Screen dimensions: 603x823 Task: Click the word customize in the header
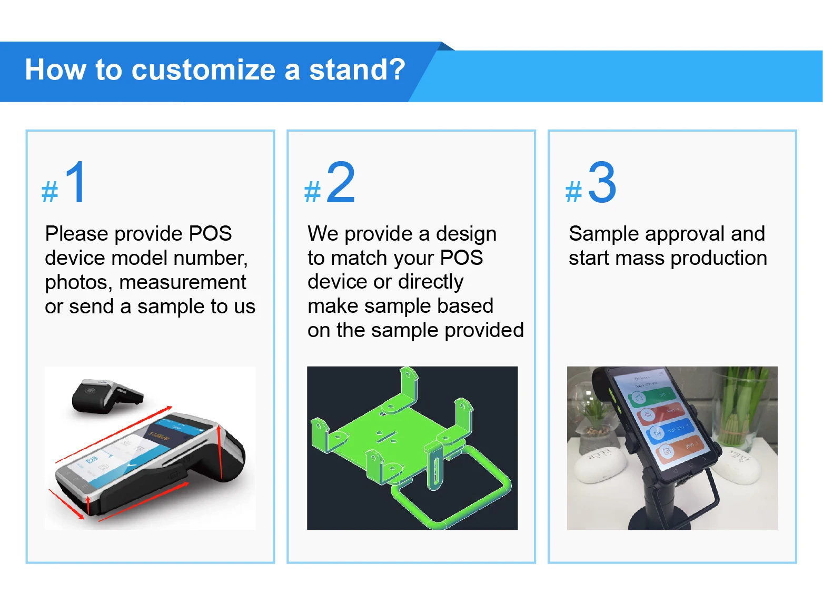tap(203, 70)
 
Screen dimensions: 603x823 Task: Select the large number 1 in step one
tap(76, 182)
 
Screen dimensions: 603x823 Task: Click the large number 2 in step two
tap(341, 182)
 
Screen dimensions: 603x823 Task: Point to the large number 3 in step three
tap(602, 182)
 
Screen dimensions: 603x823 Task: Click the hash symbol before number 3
tap(573, 192)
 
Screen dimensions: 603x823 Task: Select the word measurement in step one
tap(182, 283)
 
